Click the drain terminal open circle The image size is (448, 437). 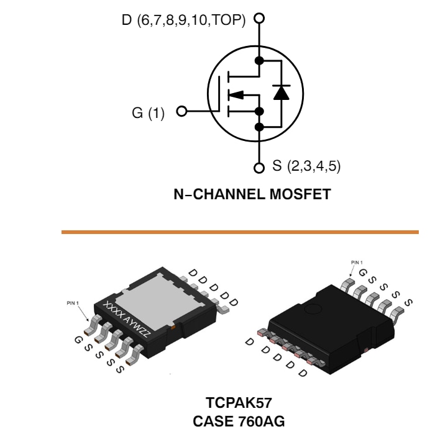259,19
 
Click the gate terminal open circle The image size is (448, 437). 181,112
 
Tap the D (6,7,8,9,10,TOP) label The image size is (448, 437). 184,20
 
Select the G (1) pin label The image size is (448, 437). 148,113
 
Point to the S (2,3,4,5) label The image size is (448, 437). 306,167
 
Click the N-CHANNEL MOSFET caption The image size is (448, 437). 252,194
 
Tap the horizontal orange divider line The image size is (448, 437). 240,232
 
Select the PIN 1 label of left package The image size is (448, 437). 73,303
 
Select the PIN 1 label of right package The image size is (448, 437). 357,263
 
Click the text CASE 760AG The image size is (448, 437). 239,421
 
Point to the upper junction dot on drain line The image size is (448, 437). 260,61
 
